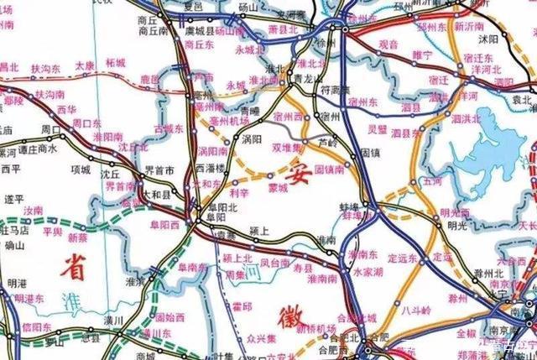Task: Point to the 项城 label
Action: coord(81,169)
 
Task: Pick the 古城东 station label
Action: coord(169,129)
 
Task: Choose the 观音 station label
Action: coord(388,42)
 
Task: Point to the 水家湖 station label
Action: coord(368,273)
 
